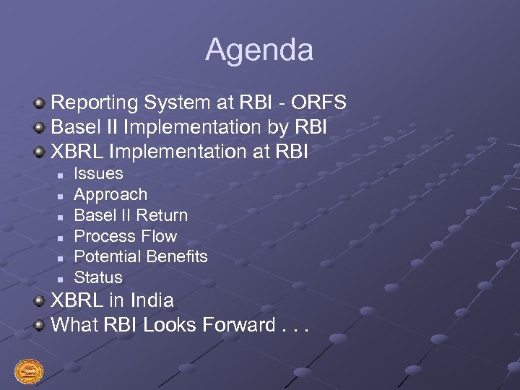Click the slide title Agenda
259,50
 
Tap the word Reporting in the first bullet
95,103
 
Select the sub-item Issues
99,173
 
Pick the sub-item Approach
110,194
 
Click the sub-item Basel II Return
131,215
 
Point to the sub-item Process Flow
126,236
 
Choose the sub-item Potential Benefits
141,256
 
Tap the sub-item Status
98,277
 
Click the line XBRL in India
113,300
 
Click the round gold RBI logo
29,372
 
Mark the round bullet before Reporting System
40,104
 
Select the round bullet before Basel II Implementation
40,129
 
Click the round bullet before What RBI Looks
40,326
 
